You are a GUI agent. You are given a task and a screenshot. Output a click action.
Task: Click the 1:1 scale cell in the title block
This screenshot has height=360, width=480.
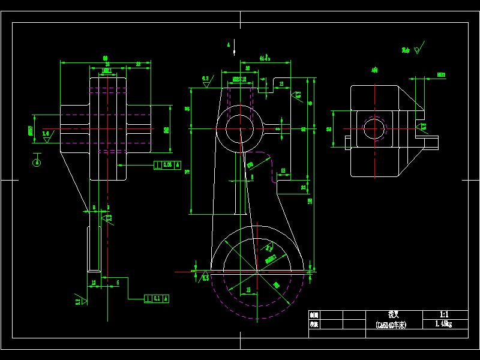[x=444, y=314]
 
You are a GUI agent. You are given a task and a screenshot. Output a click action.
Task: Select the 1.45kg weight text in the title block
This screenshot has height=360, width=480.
[x=444, y=324]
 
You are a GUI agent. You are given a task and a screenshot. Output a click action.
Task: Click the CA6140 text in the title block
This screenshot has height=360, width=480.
[x=393, y=325]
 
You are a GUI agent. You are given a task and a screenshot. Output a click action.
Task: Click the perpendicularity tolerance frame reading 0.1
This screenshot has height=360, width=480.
[x=157, y=298]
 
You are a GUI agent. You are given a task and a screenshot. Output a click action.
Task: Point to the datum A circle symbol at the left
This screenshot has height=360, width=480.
[x=37, y=161]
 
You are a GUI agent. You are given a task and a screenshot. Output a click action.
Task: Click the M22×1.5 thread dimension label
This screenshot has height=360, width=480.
[x=240, y=79]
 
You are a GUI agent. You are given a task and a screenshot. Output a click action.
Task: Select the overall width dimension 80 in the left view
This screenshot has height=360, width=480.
[x=106, y=58]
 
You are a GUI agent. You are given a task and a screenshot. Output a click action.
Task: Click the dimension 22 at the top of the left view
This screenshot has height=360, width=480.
[x=139, y=64]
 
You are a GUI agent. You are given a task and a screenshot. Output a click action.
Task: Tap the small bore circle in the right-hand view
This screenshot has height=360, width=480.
[x=374, y=129]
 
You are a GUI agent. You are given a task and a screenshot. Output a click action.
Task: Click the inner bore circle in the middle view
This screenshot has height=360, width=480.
[x=240, y=128]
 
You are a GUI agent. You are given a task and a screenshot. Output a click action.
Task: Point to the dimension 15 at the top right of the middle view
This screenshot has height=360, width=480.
[x=281, y=85]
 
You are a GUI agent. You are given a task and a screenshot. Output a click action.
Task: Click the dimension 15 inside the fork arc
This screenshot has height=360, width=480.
[x=248, y=290]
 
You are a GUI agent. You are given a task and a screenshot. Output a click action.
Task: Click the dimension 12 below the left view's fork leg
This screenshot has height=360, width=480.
[x=94, y=282]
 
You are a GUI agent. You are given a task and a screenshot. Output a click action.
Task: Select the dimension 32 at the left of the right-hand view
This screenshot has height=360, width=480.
[x=329, y=128]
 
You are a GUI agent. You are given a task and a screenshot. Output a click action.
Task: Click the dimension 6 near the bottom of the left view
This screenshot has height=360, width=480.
[x=118, y=282]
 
